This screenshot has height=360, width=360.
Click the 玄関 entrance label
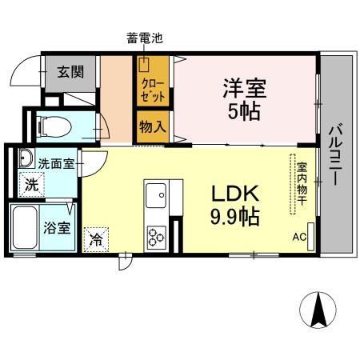[70, 70]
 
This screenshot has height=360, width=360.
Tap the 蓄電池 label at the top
[144, 38]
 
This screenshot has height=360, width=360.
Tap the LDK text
[234, 194]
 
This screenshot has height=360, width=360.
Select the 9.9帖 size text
[234, 216]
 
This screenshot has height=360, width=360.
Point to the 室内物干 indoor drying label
[302, 184]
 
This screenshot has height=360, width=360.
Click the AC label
[298, 237]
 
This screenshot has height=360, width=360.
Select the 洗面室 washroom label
[57, 162]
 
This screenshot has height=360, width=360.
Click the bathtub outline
[26, 228]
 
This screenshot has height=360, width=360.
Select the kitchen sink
[155, 194]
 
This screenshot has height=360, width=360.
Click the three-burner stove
[154, 237]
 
